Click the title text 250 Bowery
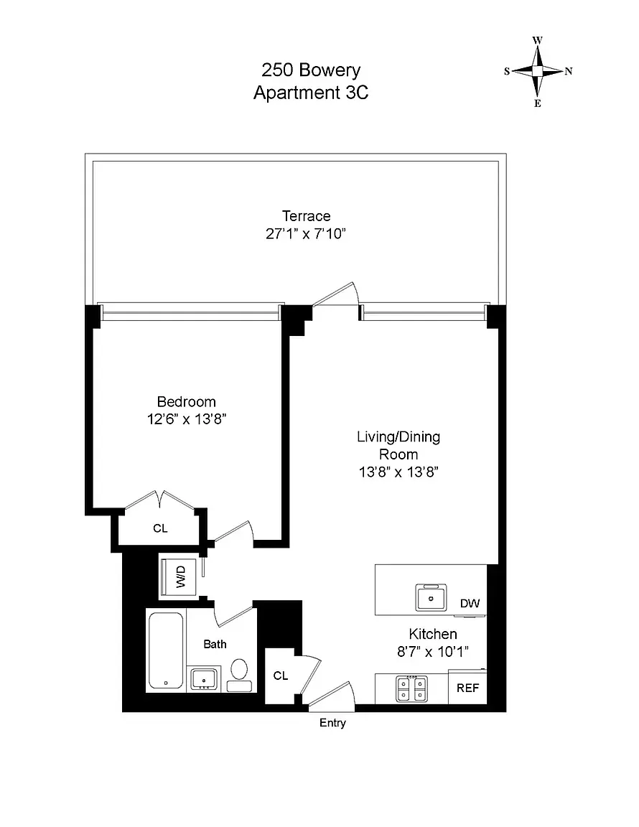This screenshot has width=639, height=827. click(310, 70)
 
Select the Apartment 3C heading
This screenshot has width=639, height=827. click(310, 93)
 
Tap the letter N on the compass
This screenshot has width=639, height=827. click(568, 71)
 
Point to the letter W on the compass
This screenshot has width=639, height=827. click(537, 40)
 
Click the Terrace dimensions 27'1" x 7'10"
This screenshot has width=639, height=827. click(306, 233)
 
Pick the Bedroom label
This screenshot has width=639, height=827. click(186, 402)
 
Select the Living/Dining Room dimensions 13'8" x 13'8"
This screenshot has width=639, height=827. click(398, 472)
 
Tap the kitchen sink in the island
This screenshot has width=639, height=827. click(432, 597)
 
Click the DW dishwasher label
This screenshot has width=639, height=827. click(470, 604)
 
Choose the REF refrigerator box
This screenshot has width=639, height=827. click(467, 688)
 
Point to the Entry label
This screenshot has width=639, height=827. click(332, 723)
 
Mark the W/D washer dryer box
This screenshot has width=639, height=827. click(180, 578)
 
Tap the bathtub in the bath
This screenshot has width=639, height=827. click(166, 650)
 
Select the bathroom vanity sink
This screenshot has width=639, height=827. click(205, 678)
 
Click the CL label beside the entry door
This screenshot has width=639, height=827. click(280, 676)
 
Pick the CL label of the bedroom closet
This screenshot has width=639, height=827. click(160, 528)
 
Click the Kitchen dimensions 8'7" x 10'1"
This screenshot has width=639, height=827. click(433, 652)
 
